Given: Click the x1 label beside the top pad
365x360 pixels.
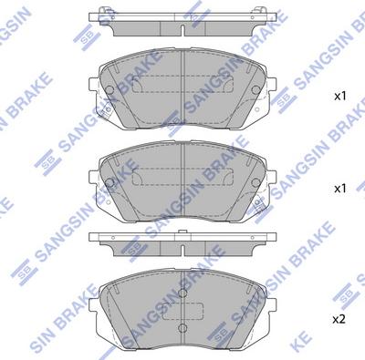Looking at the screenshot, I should pyautogui.click(x=339, y=96).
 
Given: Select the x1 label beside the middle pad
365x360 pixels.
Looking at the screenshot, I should pyautogui.click(x=339, y=188).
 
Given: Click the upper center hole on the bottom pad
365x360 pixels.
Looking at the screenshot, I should pyautogui.click(x=183, y=293).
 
